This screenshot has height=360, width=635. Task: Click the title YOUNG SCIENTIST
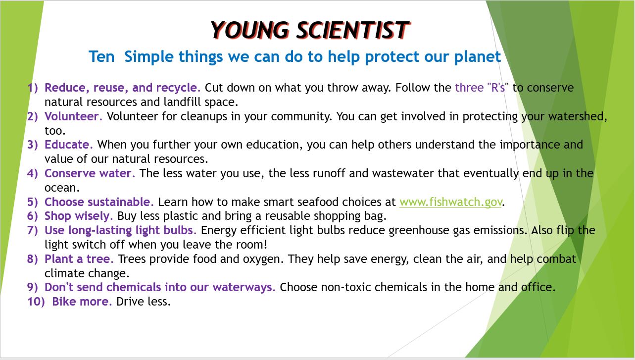pos(310,30)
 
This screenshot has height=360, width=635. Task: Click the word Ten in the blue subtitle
pos(101,56)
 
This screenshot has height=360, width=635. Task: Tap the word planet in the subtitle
pos(478,57)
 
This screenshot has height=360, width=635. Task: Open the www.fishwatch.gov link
pos(450,202)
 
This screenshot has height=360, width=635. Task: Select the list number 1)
pos(33,88)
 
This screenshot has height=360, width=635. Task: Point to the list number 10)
pos(36,302)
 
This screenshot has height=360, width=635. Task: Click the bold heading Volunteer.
pos(73,116)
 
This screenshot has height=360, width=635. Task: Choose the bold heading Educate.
pos(69,145)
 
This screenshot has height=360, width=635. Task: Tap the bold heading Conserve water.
pos(90,173)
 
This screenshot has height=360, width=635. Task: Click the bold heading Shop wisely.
pos(79,216)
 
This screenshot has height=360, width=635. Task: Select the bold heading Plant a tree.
pos(79,258)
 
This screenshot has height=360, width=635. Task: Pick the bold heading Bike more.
pos(82,302)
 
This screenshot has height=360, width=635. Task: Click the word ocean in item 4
pos(62,188)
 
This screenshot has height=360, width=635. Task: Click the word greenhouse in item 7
pos(419,230)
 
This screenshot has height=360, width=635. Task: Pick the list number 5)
pos(33,202)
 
